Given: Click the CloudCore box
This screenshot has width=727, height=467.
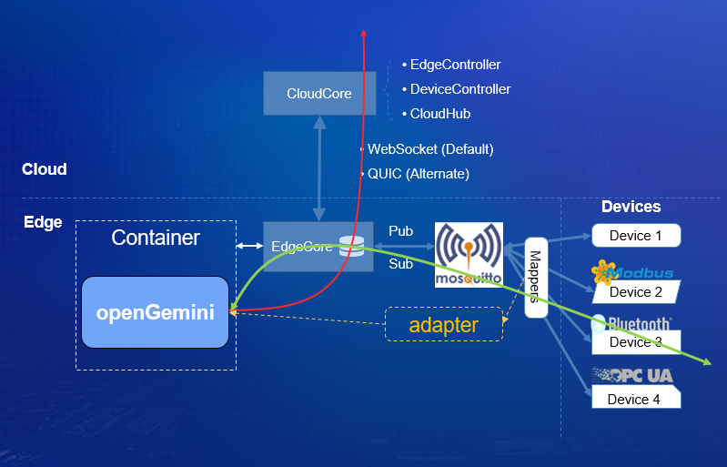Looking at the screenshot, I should [318, 93].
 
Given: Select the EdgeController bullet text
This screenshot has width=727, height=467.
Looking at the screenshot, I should [455, 65].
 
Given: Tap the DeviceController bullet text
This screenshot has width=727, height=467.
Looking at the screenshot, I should [459, 89].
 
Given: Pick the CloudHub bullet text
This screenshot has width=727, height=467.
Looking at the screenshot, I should [440, 114].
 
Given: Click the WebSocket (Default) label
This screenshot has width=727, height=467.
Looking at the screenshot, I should [429, 148].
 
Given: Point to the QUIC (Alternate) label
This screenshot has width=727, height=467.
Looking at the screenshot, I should [418, 173].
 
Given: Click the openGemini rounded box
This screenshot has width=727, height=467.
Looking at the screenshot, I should [155, 312].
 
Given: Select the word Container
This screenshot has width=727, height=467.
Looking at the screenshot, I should [155, 239].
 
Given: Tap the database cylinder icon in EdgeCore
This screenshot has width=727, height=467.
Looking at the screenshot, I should [348, 247].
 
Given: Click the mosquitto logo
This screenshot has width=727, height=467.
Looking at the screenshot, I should [469, 255].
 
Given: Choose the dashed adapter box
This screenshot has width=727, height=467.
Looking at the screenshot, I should [444, 325].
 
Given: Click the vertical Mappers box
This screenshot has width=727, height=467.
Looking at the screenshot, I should [536, 277].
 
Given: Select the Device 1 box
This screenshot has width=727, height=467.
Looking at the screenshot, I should [635, 236].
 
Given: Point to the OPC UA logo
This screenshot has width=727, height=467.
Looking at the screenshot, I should [632, 375].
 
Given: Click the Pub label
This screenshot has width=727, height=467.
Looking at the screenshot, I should [400, 231].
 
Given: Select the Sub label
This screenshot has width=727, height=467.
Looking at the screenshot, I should [400, 264].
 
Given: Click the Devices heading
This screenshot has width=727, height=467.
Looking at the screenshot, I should [631, 207].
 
